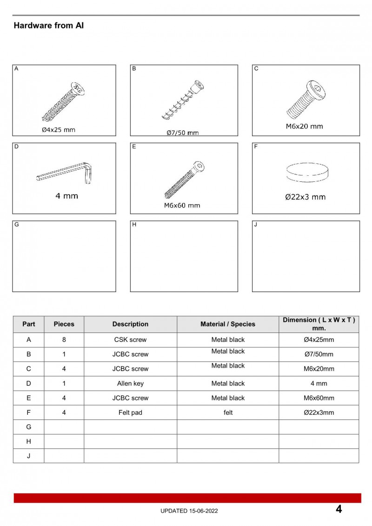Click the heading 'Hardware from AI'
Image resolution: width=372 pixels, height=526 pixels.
click(48, 26)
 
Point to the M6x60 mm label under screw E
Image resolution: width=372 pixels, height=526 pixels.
click(182, 205)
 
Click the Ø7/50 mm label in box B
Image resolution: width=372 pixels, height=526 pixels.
click(183, 133)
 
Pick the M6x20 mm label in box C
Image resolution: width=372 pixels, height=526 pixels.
click(304, 126)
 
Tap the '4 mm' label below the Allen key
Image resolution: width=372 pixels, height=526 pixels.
click(66, 196)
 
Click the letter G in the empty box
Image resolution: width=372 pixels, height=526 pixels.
click(17, 225)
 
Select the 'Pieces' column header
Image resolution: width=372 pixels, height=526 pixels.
click(64, 324)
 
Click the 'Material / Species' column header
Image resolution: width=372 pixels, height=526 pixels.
click(228, 324)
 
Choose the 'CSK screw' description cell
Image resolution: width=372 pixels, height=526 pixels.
click(130, 340)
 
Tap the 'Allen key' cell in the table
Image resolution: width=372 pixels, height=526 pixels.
click(130, 383)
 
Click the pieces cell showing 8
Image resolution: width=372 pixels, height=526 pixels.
click(64, 340)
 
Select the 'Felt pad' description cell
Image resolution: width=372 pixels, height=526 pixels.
click(130, 413)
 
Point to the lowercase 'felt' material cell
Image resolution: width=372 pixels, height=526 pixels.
click(228, 413)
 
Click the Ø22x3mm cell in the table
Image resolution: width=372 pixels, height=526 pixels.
click(319, 413)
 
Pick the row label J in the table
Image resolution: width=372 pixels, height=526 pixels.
click(28, 456)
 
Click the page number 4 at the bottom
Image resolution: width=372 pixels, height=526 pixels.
click(339, 509)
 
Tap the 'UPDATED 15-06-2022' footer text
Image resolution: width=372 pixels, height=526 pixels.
click(189, 511)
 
